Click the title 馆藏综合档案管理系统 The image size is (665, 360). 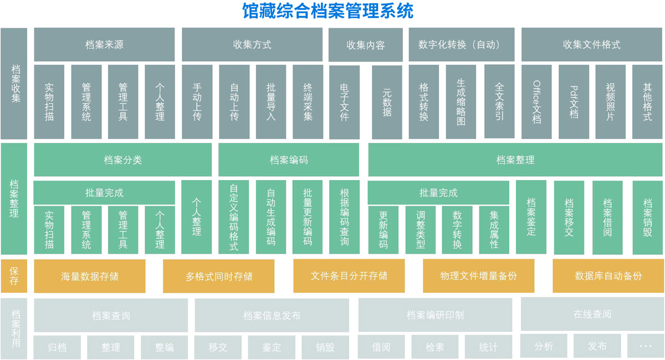coord(328,11)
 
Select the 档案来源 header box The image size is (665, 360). coord(104,45)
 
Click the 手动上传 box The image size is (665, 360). coord(197,102)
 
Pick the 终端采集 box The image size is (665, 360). coord(308,102)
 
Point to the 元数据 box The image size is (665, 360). coord(387,102)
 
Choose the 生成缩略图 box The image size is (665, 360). coord(461,102)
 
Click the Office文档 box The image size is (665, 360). coord(536,102)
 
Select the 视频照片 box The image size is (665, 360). coord(610,102)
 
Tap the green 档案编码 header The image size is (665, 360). coord(289,160)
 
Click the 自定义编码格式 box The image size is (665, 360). coord(233,217)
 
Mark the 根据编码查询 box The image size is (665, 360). coord(344,217)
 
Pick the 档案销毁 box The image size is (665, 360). coord(647,217)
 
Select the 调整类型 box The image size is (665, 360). coord(421,229)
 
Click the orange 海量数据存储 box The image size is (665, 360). coord(90,276)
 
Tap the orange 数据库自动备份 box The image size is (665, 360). coord(608,276)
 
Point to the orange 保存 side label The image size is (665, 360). coord(14,276)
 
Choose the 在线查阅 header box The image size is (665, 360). coord(592,314)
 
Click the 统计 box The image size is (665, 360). coord(488,347)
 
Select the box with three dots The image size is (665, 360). coord(646,346)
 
